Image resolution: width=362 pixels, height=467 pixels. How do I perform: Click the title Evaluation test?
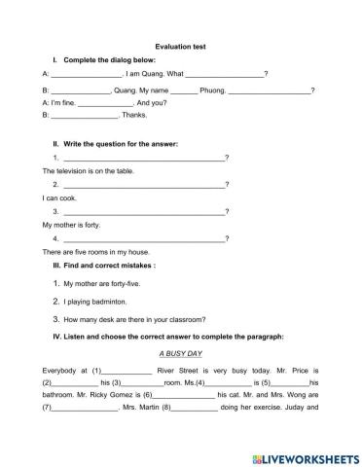click(x=181, y=46)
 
